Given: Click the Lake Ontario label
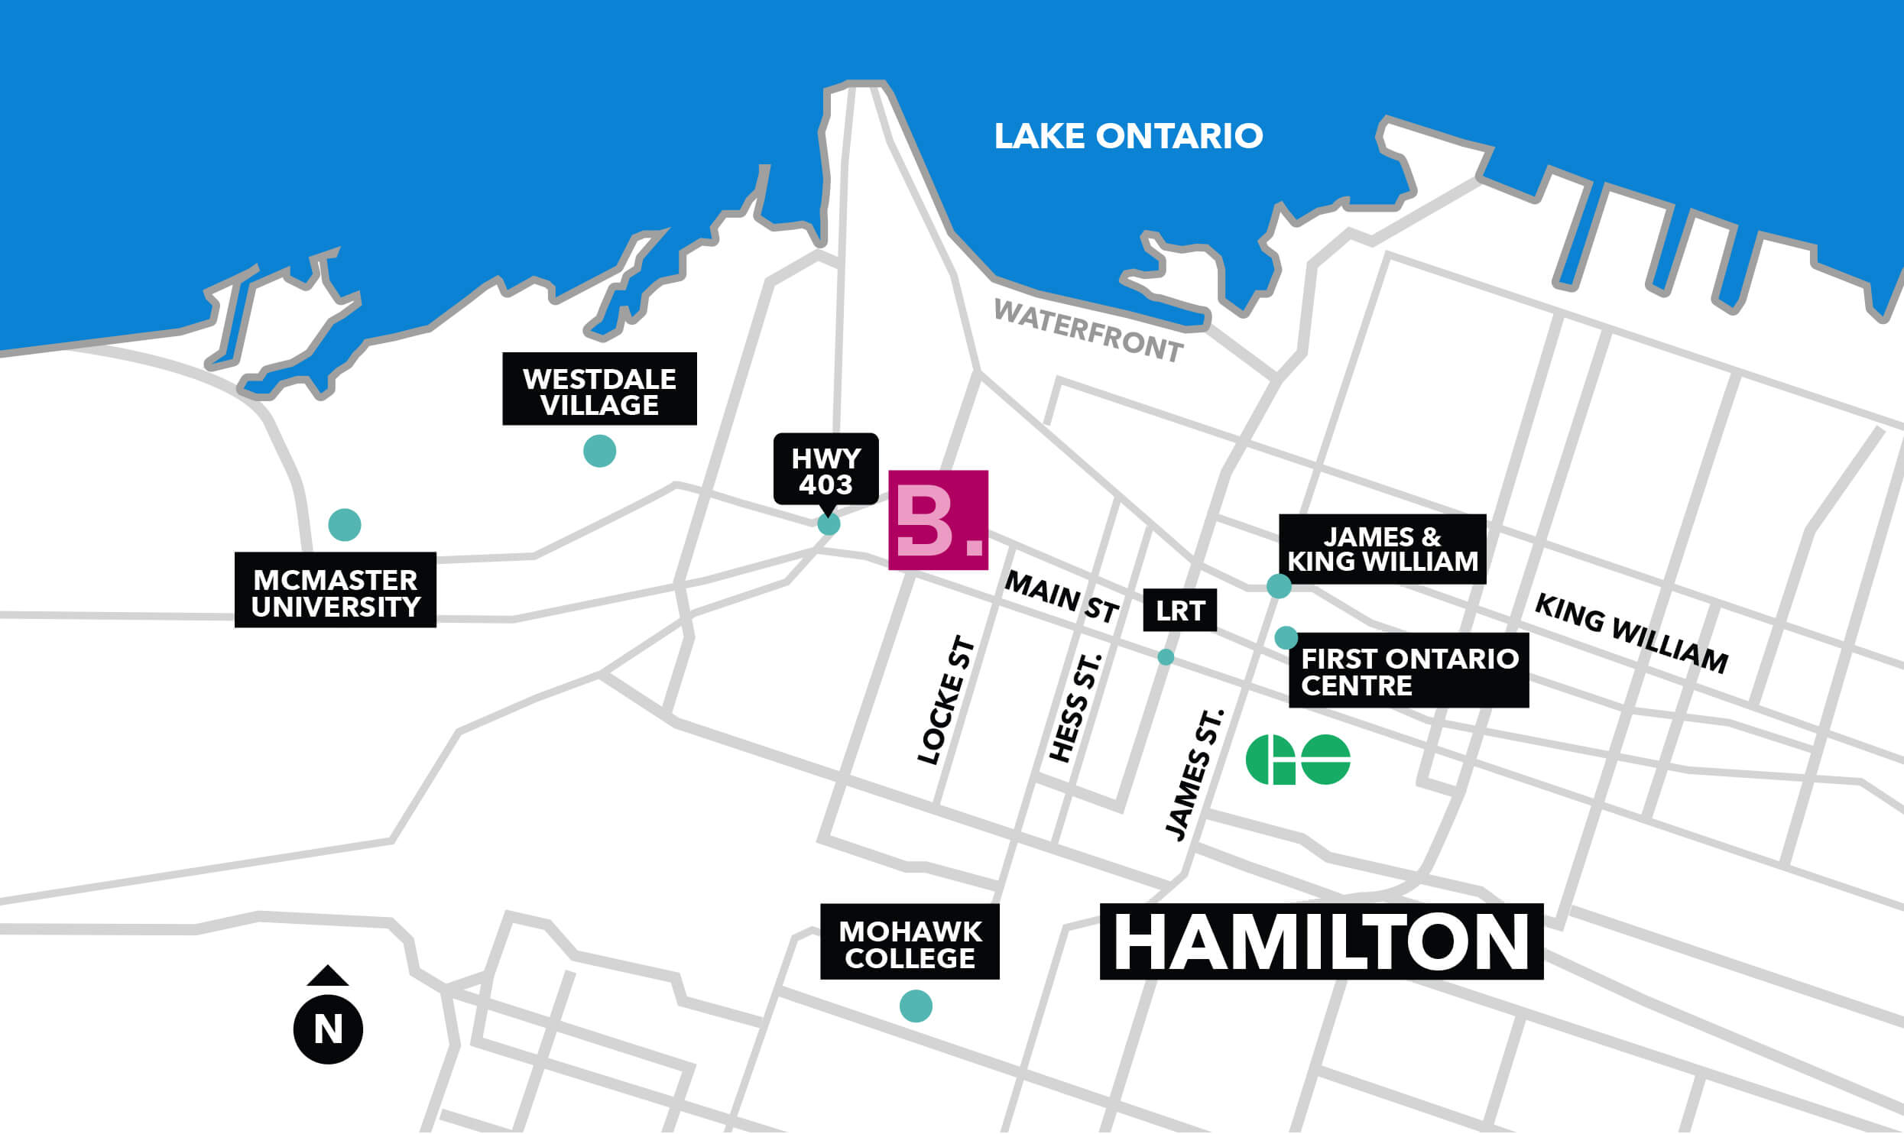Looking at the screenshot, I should (1128, 136).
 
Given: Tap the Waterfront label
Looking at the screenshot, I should (1088, 331).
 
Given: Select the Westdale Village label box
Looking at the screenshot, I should (599, 389).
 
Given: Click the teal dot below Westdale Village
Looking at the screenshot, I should (599, 451).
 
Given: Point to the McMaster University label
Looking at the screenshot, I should (335, 591).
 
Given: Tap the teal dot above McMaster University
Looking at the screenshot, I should (344, 525).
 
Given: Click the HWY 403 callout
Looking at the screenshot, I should (825, 470).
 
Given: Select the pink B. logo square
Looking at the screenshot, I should (938, 520).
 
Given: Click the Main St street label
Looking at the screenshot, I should (1061, 597).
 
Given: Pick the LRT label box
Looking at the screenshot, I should (1179, 611).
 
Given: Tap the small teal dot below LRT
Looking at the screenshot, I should (1166, 657).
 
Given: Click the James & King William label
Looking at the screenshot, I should (1382, 549).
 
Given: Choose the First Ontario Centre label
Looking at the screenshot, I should (1408, 671).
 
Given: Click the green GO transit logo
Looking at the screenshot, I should (1298, 760).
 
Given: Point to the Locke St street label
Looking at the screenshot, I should (946, 700).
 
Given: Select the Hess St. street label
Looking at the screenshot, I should (1075, 707).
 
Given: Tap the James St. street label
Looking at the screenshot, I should (1193, 775).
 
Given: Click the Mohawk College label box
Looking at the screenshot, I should (910, 942).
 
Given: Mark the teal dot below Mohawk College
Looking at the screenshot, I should (916, 1006).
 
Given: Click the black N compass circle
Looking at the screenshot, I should (328, 1029).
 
